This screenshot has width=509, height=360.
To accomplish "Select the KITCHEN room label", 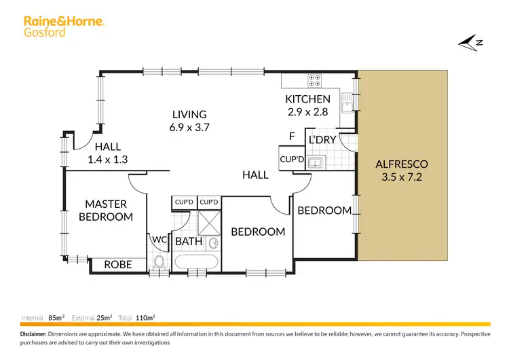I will pyautogui.click(x=307, y=99).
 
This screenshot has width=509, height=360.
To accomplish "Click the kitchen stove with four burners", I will pyautogui.click(x=316, y=80).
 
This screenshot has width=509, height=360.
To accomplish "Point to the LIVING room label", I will pyautogui.click(x=189, y=115).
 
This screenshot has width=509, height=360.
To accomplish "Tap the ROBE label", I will pyautogui.click(x=117, y=265).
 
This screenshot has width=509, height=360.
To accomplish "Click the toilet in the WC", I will pyautogui.click(x=160, y=263).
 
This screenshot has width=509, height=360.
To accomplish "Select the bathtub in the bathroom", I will pyautogui.click(x=197, y=263).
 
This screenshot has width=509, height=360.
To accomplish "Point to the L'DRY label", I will pyautogui.click(x=322, y=139).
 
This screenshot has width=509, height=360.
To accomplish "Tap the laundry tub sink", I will pyautogui.click(x=316, y=163).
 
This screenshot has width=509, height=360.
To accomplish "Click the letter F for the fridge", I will pyautogui.click(x=292, y=137).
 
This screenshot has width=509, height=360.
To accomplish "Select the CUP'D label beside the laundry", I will pyautogui.click(x=291, y=159).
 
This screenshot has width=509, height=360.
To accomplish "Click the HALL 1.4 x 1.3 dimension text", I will pyautogui.click(x=108, y=160).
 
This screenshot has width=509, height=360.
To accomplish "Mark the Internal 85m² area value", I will pyautogui.click(x=55, y=317).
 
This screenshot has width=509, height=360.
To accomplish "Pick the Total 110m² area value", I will pyautogui.click(x=144, y=317).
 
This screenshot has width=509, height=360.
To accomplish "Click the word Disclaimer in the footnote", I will pyautogui.click(x=33, y=335).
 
